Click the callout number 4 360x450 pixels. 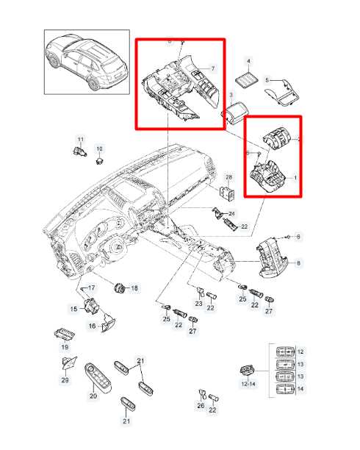point(248,61)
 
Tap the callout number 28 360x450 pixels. point(228,177)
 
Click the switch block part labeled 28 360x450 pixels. point(228,193)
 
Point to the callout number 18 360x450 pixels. point(134,288)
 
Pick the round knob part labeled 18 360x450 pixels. point(119,287)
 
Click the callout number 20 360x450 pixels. point(93,396)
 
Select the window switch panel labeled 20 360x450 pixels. point(98,377)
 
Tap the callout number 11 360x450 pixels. point(81,140)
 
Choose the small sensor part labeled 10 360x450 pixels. point(99,160)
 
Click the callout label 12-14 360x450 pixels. point(248,384)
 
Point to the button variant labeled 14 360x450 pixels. point(285,390)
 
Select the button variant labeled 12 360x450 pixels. point(285,351)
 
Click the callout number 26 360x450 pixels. point(201,405)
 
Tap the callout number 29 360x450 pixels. point(65,380)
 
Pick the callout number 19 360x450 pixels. point(65,347)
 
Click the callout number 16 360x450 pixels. point(92,326)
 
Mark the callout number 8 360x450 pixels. point(298,262)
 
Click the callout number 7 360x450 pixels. point(213,68)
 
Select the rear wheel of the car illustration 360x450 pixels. point(94,84)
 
